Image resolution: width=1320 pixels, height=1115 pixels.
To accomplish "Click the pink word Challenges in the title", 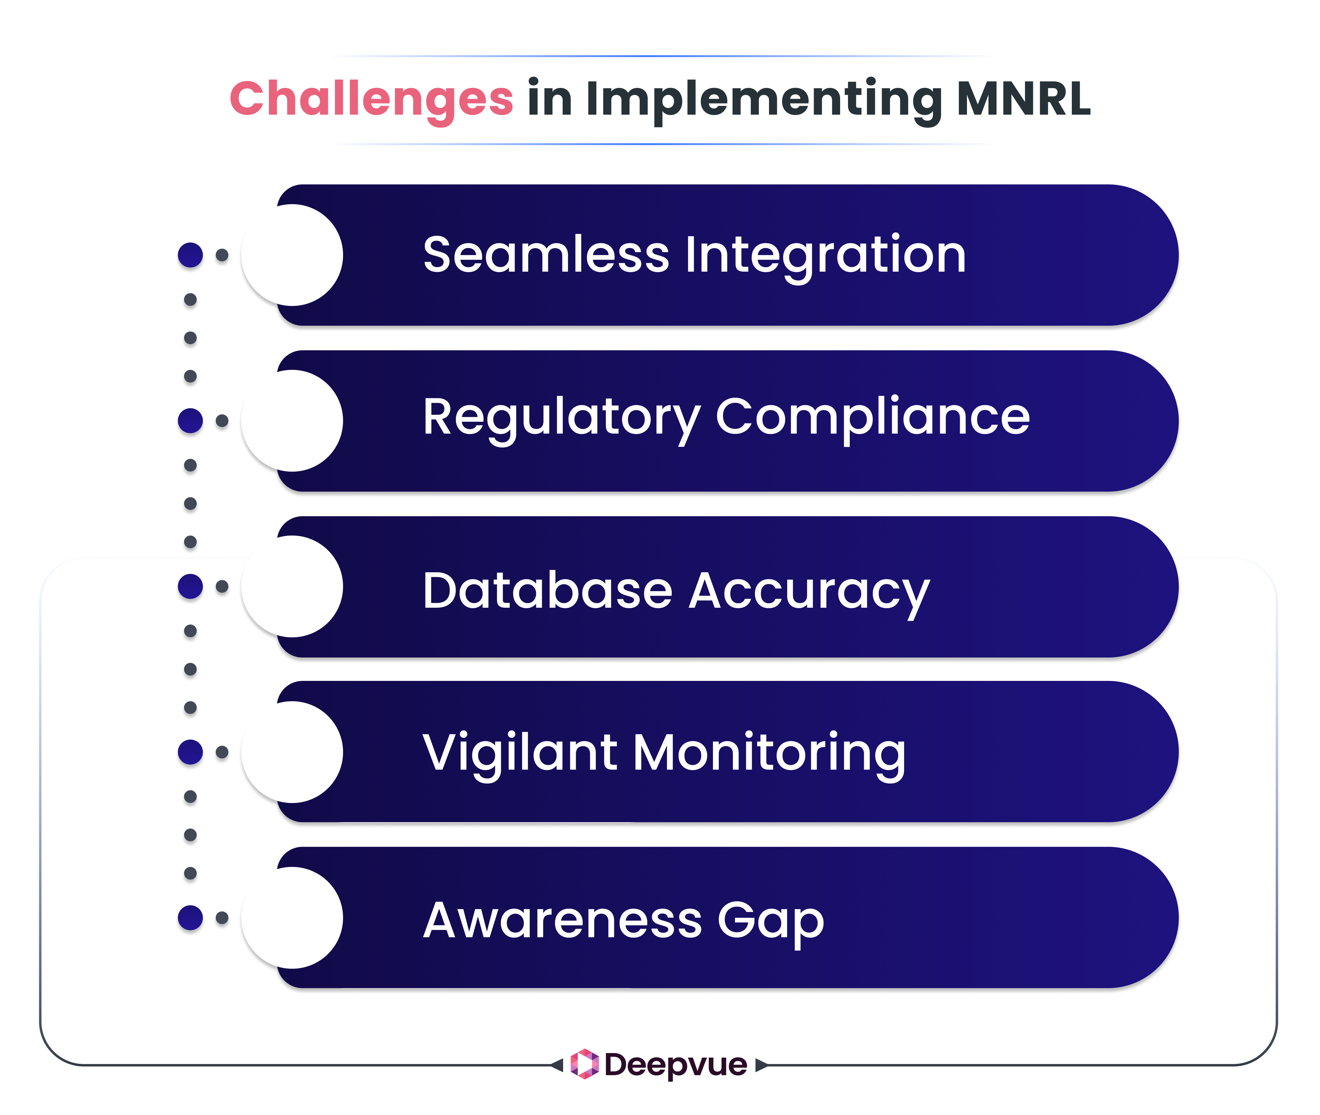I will tap(371, 99).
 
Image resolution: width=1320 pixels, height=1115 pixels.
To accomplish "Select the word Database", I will tap(548, 590).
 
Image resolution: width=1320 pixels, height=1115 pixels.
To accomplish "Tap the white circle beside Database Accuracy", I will tap(292, 587).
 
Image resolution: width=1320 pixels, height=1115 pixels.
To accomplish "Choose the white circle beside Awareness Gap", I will tap(292, 918).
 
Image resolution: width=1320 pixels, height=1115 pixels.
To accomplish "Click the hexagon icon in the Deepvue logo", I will tap(584, 1064).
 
